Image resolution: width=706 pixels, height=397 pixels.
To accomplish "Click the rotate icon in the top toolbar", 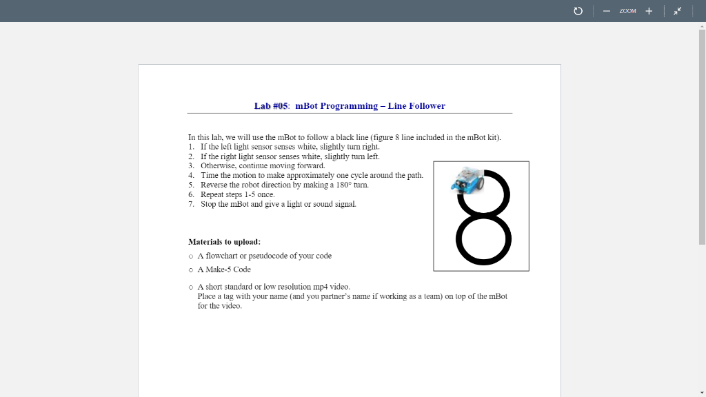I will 578,11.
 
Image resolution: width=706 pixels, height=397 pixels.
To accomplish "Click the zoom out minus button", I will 606,11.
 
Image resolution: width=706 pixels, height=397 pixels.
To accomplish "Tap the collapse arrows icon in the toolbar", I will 678,11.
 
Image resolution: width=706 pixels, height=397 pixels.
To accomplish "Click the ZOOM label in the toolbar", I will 627,11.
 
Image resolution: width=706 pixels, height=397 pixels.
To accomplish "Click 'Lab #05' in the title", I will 271,106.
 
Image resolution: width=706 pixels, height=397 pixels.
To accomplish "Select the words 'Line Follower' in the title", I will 416,106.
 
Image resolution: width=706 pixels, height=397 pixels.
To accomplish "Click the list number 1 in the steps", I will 191,147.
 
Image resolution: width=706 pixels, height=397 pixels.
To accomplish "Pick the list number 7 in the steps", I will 191,204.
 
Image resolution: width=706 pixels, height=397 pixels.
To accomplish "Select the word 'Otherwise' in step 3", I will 216,165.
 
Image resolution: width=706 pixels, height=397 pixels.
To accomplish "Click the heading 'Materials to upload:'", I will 224,242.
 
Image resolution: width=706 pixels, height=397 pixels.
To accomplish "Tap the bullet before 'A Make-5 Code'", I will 191,270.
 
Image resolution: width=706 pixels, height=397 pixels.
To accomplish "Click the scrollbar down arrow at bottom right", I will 702,393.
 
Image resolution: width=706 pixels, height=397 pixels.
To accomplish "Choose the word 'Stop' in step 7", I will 208,204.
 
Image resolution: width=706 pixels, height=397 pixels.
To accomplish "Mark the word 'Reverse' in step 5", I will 213,185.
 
